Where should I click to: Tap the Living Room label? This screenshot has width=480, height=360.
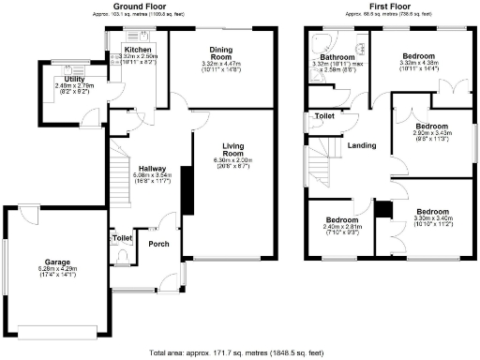click(233, 150)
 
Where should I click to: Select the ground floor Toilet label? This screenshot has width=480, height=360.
click(122, 239)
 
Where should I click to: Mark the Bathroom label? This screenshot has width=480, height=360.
click(336, 58)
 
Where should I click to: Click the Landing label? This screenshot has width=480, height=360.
click(362, 145)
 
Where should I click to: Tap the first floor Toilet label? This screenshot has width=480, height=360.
click(325, 116)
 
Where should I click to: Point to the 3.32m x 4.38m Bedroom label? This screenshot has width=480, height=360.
click(418, 57)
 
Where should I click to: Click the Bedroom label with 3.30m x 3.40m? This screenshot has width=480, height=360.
click(433, 212)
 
